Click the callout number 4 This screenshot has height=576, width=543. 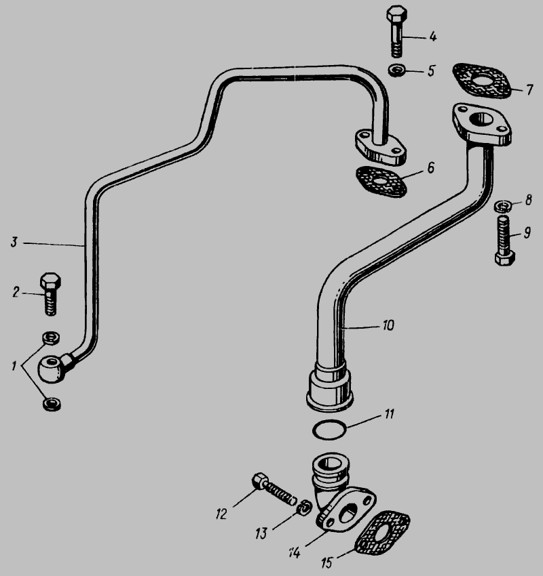click(432, 37)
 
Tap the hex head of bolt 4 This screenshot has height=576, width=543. click(396, 14)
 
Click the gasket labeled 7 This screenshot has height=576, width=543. click(481, 81)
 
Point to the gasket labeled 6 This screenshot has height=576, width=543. click(381, 182)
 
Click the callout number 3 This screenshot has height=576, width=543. click(14, 242)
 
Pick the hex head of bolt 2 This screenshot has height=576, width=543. click(50, 282)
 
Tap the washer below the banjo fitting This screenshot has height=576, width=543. click(52, 404)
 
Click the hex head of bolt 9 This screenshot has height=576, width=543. click(505, 259)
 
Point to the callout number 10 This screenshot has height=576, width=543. click(388, 325)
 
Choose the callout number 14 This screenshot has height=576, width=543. click(295, 552)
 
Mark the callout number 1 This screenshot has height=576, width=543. click(14, 366)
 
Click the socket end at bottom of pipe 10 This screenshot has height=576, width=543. click(330, 387)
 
